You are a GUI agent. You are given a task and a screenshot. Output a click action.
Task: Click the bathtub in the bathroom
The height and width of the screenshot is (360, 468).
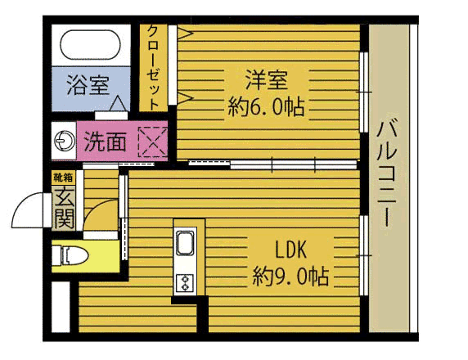91,45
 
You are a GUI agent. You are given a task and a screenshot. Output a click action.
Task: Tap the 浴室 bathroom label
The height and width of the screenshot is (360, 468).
88,85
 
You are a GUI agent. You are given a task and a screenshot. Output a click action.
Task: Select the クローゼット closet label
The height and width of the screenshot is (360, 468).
154,67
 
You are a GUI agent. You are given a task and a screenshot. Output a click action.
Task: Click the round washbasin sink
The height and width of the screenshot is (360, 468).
65,141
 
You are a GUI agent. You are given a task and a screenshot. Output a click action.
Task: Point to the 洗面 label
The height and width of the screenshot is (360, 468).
105,142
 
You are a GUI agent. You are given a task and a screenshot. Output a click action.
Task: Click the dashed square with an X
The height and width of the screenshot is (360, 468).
153,142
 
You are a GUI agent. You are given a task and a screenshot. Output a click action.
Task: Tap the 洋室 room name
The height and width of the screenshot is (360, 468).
266,80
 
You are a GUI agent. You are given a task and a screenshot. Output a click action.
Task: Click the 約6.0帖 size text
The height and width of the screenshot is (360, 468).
266,107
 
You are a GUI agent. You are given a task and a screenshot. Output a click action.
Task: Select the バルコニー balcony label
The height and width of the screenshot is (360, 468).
387,174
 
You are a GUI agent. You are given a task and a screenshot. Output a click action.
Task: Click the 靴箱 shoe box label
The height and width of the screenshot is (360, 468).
63,178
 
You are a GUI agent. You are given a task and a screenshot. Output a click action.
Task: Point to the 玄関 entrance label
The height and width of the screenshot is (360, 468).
64,207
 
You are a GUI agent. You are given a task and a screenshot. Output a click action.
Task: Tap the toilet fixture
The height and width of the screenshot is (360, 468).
70,256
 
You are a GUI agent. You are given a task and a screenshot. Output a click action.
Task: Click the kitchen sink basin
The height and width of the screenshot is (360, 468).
185,242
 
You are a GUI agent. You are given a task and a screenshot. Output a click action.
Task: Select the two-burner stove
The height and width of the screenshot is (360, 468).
185,283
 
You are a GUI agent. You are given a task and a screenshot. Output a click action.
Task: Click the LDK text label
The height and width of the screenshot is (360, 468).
290,250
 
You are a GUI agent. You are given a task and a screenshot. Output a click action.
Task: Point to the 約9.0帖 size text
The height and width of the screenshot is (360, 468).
290,277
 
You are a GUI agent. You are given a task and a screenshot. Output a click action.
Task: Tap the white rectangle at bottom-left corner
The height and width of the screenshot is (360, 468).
61,307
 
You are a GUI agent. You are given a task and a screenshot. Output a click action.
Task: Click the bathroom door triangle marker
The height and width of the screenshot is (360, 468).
118,103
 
